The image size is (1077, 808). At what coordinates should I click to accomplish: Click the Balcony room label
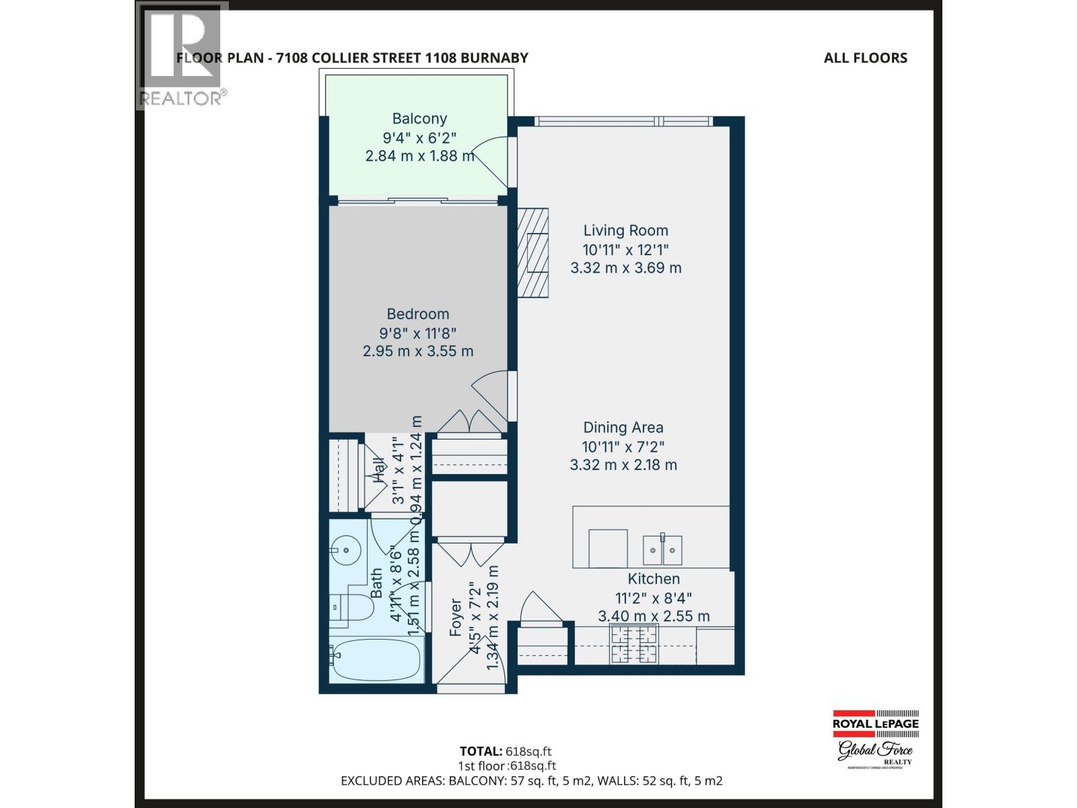point(419,119)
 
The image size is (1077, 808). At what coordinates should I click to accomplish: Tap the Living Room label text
point(625,230)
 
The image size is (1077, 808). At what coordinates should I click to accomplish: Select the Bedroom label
point(417,314)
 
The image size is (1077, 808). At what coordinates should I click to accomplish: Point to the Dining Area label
point(623,428)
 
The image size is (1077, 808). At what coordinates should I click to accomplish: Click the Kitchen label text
point(654,579)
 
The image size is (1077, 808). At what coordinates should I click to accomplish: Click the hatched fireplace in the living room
point(532,252)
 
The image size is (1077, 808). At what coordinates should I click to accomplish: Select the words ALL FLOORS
point(865,58)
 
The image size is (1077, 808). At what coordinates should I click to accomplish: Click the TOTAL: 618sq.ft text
point(507,751)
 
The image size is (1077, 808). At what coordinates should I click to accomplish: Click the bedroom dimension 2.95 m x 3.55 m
point(417,351)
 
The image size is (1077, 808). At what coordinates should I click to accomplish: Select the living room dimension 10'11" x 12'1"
point(625,249)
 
